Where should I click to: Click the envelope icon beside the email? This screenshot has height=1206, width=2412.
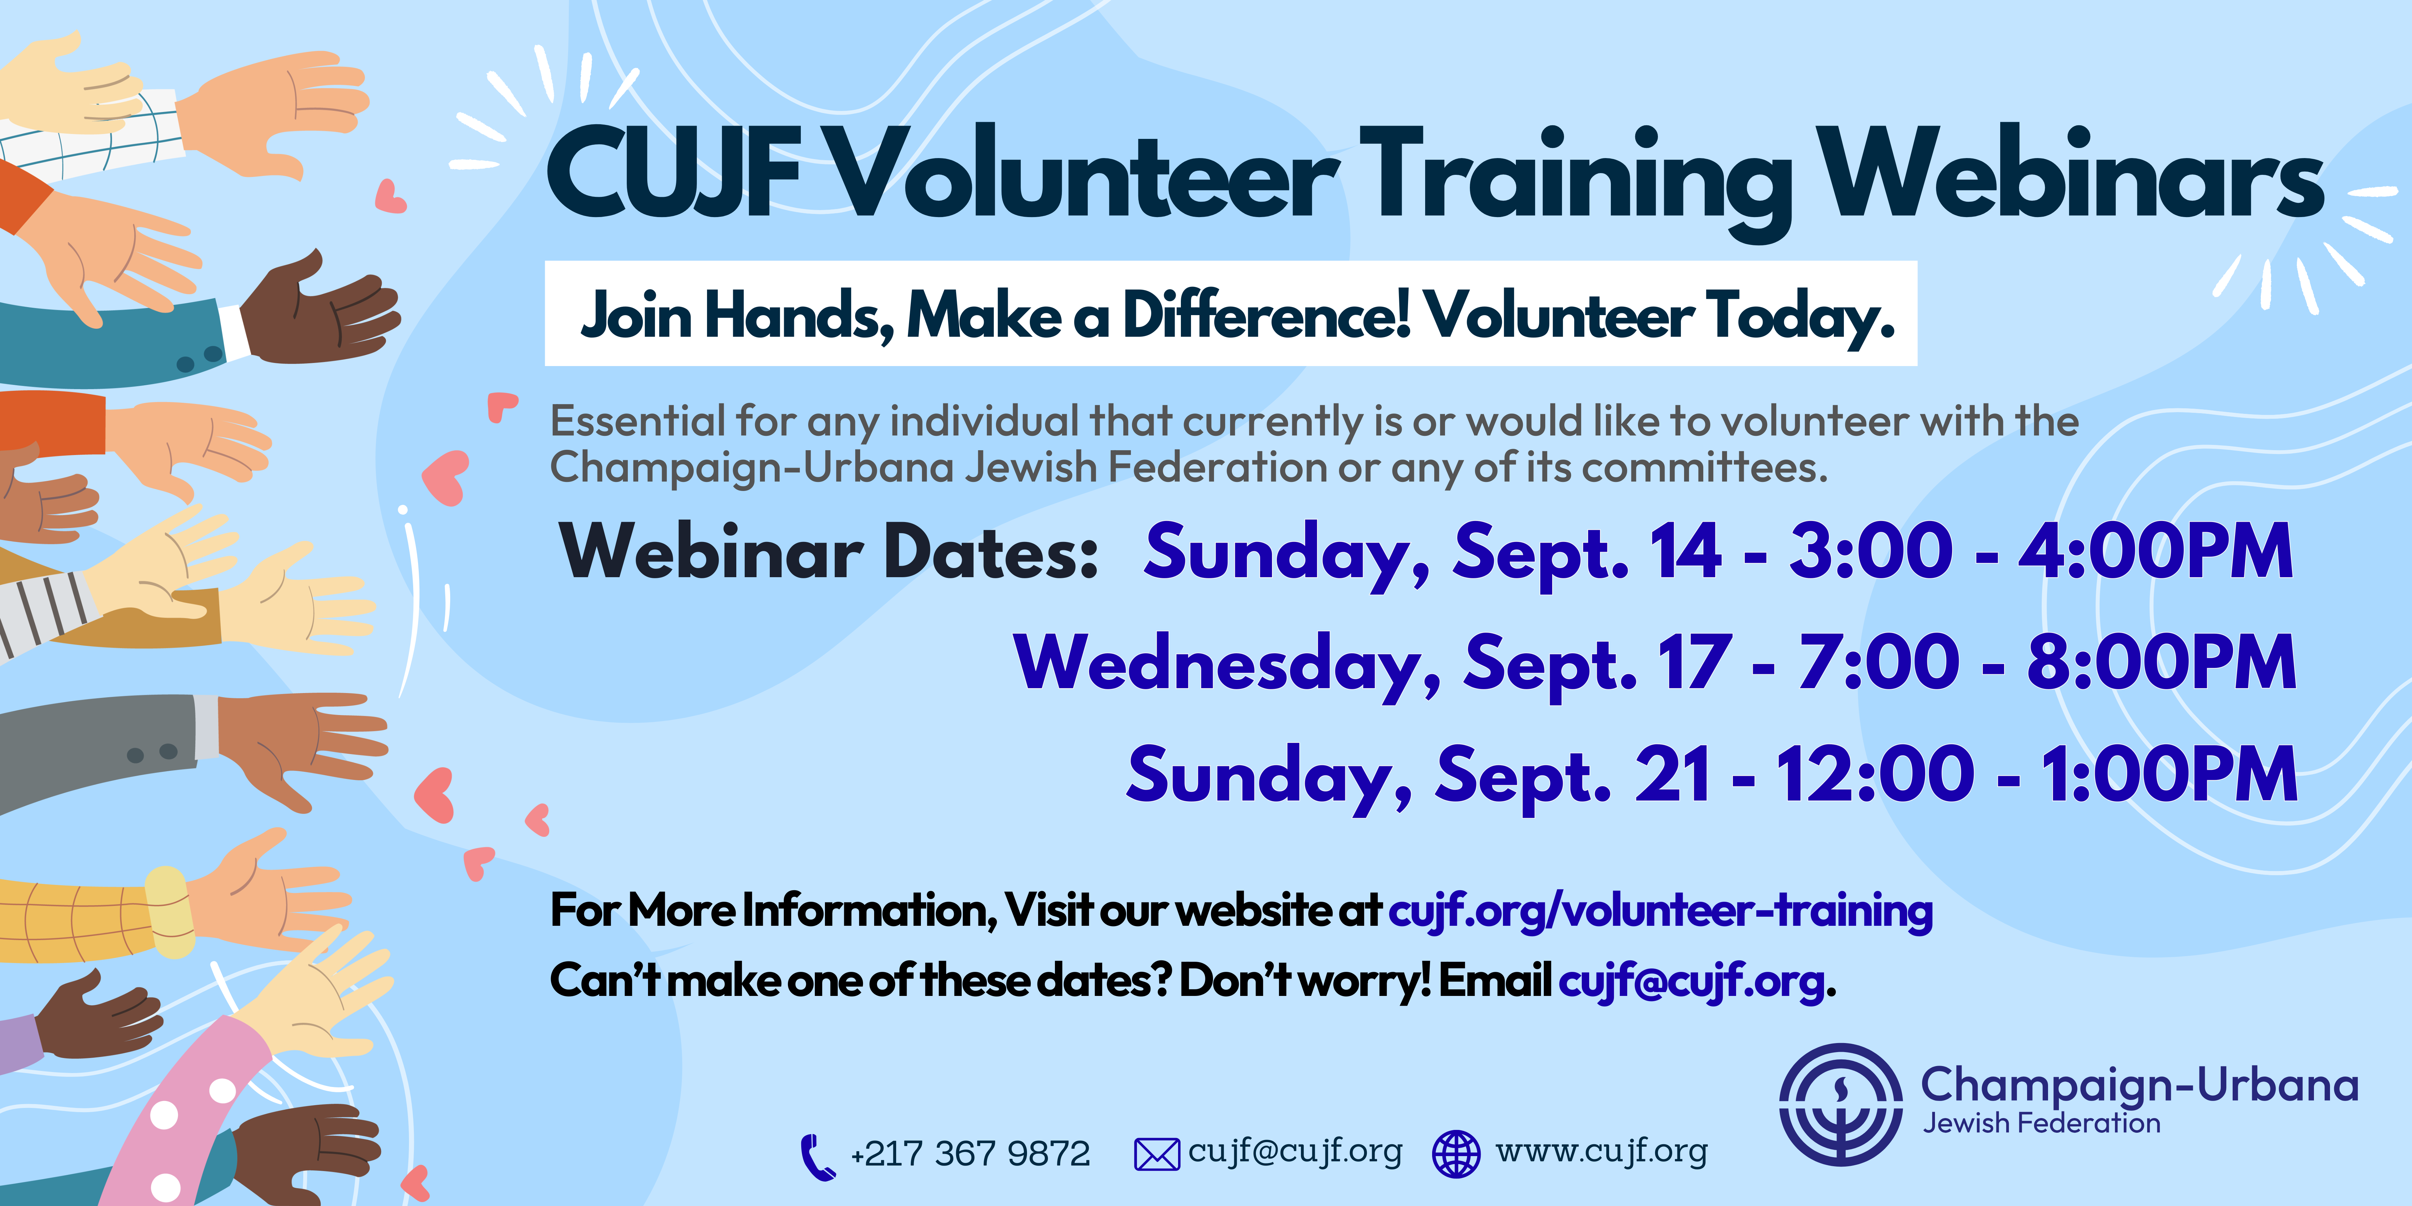click(x=1156, y=1154)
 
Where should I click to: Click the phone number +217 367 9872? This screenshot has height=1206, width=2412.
click(x=970, y=1154)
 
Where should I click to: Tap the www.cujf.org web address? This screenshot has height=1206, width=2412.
click(x=1601, y=1152)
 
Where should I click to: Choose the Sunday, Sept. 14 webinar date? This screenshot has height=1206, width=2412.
click(x=1432, y=554)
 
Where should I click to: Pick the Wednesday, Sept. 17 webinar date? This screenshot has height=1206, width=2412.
click(x=1373, y=665)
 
